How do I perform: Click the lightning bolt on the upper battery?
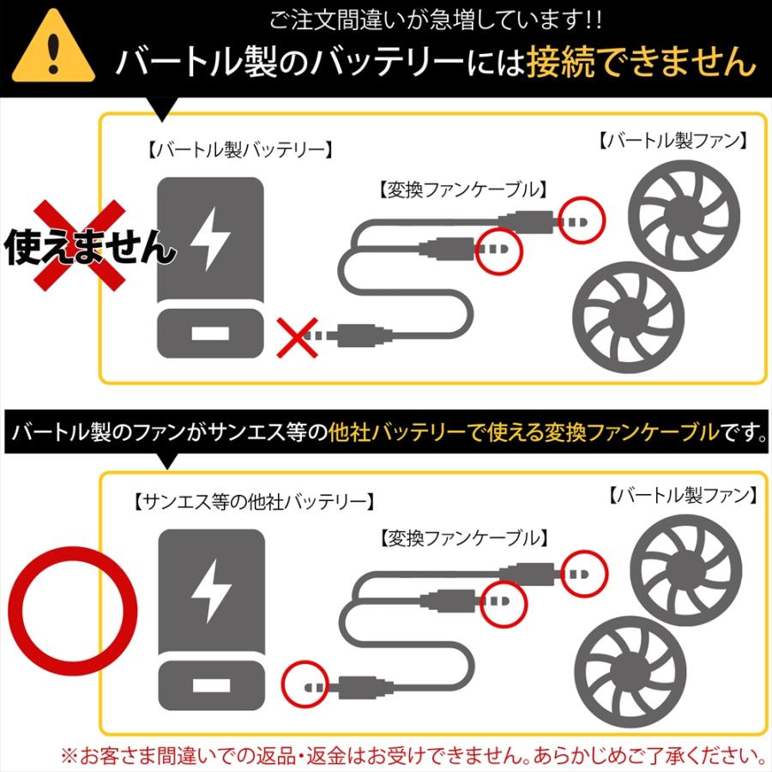pyautogui.click(x=209, y=239)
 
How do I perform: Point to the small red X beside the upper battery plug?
pyautogui.click(x=296, y=335)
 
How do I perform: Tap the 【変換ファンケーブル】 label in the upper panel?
pyautogui.click(x=461, y=188)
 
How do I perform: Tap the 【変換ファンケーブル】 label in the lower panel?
pyautogui.click(x=461, y=539)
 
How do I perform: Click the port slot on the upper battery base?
pyautogui.click(x=209, y=335)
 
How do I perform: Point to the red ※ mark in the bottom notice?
pyautogui.click(x=69, y=756)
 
